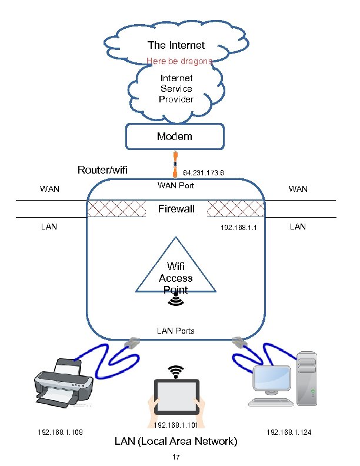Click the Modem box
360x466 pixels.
tap(175, 137)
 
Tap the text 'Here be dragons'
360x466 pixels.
tap(179, 61)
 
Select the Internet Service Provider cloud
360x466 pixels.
tap(176, 89)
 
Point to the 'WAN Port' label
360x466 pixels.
tap(176, 186)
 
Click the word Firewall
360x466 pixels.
tap(176, 209)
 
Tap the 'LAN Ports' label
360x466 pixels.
tap(175, 331)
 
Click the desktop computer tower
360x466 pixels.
tap(309, 380)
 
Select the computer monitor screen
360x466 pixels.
tap(271, 380)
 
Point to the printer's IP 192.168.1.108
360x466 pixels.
tap(59, 432)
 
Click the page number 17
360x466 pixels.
tap(175, 457)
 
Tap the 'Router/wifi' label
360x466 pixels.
tap(103, 171)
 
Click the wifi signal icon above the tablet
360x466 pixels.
tap(175, 371)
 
